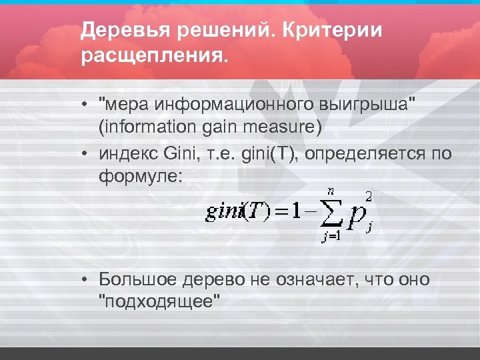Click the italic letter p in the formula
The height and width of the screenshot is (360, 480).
pyautogui.click(x=354, y=215)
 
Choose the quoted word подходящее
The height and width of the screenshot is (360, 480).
pyautogui.click(x=159, y=301)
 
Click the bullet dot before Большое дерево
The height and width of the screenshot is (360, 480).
pyautogui.click(x=87, y=279)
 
